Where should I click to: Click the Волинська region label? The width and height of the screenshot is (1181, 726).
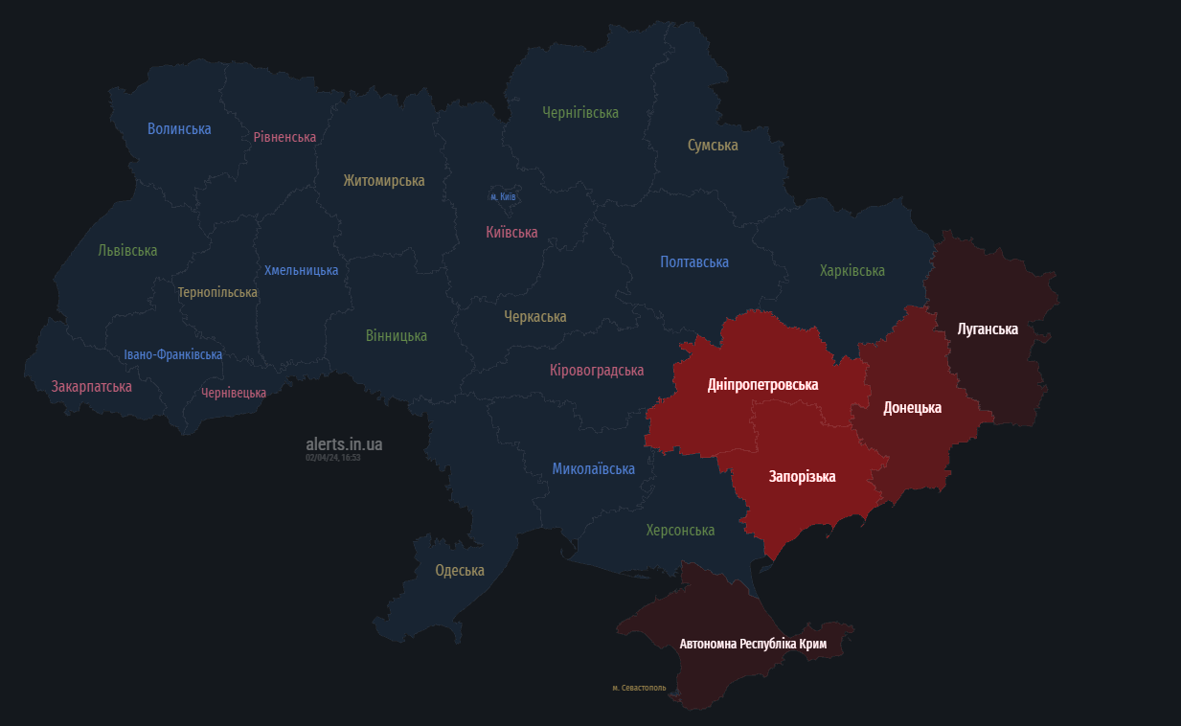click(179, 128)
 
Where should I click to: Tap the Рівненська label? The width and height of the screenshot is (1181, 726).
click(284, 137)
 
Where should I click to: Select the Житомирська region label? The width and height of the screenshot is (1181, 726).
click(384, 180)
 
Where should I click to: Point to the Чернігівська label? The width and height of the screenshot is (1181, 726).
click(580, 112)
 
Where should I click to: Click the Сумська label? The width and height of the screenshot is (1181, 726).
click(713, 145)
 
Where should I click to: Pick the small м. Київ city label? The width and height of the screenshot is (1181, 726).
click(503, 196)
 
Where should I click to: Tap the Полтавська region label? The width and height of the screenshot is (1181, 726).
click(694, 261)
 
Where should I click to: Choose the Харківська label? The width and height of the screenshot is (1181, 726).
click(852, 270)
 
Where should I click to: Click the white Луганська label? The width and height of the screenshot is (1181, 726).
click(988, 329)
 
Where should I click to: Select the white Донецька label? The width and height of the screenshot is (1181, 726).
click(912, 407)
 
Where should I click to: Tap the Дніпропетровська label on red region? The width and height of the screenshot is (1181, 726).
click(762, 384)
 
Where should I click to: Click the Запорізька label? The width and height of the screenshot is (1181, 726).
click(802, 476)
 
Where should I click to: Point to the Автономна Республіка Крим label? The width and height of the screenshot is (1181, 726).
click(753, 644)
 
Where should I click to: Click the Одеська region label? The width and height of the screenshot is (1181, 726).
click(460, 570)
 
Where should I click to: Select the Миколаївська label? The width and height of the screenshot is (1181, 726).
click(593, 468)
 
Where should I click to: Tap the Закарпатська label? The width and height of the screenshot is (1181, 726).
click(92, 386)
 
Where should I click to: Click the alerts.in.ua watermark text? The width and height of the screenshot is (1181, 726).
click(344, 443)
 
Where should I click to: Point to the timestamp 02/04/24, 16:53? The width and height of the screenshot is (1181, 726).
click(333, 458)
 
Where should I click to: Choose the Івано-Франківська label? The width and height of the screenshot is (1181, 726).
click(173, 354)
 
